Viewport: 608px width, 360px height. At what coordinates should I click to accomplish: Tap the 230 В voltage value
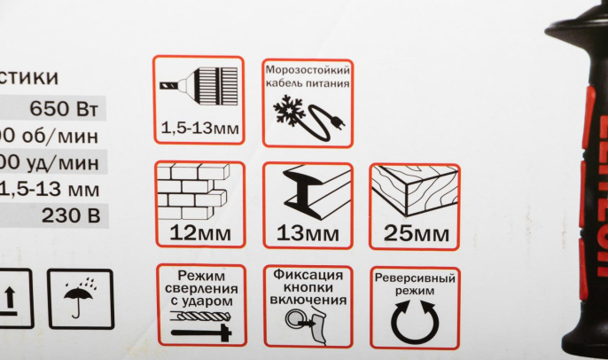70,215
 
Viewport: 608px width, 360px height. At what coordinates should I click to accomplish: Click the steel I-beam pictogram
308,192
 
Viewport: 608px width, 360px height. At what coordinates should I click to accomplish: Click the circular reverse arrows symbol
414,321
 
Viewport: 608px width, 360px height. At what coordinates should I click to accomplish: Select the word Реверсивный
415,278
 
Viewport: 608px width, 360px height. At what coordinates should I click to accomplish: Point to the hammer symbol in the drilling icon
202,332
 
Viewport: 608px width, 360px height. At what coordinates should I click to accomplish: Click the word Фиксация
308,275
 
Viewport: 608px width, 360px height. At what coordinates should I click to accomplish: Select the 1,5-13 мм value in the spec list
55,189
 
